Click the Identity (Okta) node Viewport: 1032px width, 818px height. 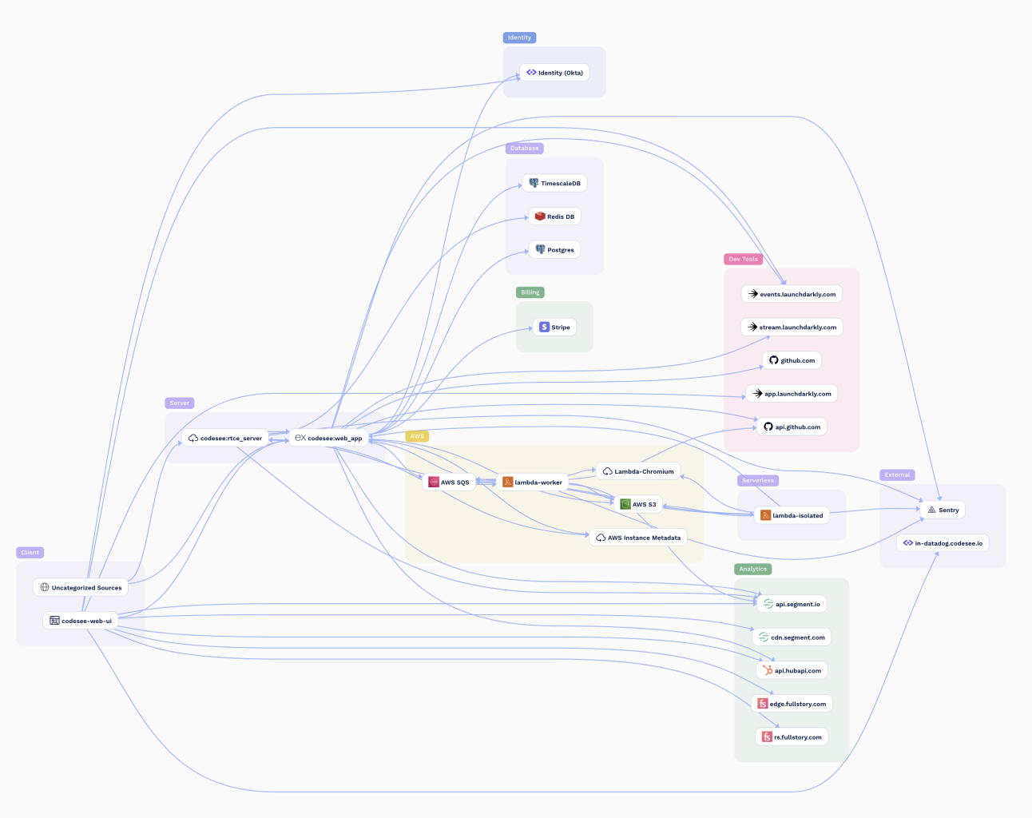[x=554, y=73]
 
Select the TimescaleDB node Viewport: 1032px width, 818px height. [x=555, y=184]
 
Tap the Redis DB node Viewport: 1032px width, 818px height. [x=554, y=216]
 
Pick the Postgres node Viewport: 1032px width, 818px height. [x=554, y=250]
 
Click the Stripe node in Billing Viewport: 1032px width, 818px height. [x=554, y=327]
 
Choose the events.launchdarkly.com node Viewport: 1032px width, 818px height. [x=792, y=294]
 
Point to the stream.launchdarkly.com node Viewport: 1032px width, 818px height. [x=792, y=328]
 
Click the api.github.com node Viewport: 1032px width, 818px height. [x=792, y=427]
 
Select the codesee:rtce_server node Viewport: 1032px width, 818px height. [x=225, y=439]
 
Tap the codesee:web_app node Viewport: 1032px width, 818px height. [x=329, y=439]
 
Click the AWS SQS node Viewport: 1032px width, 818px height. [x=449, y=482]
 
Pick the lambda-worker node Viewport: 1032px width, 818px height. [x=533, y=482]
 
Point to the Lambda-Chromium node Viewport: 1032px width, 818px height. [x=638, y=471]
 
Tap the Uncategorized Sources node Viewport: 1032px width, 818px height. [x=81, y=588]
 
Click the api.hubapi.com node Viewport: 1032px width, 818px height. [x=792, y=671]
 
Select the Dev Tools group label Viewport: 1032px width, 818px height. [x=743, y=259]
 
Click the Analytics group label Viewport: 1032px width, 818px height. [x=752, y=570]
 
